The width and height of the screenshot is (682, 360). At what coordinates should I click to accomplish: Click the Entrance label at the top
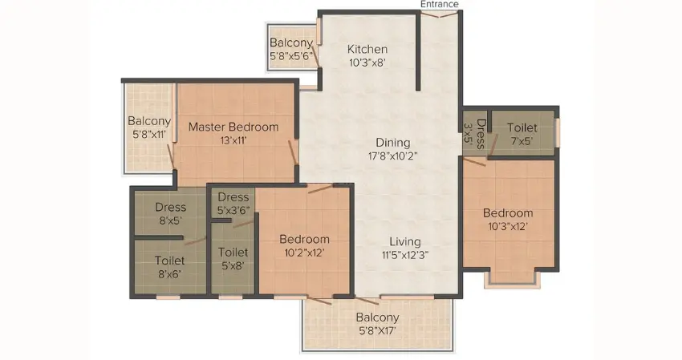tap(440, 4)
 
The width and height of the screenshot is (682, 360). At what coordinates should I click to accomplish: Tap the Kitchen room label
tap(367, 49)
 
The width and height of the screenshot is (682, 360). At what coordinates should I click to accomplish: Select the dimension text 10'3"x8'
tap(367, 63)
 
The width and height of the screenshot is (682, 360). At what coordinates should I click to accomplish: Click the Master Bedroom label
tap(233, 127)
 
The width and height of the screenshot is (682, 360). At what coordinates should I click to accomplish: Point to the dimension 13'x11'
tap(233, 140)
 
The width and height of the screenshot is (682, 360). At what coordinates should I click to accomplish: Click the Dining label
tap(393, 143)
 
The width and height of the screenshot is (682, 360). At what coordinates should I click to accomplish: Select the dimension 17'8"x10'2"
tap(393, 156)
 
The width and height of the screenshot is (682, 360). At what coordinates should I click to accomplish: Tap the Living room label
tap(405, 242)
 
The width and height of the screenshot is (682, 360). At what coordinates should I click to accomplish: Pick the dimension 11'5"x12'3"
tap(405, 255)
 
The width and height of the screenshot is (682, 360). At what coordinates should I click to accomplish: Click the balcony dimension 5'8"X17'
tap(377, 331)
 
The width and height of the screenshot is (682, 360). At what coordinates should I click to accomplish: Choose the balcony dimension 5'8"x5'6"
tap(291, 56)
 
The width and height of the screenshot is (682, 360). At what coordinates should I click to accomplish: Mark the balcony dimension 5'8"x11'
tap(149, 135)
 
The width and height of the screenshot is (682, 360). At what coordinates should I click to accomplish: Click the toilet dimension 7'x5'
tap(522, 141)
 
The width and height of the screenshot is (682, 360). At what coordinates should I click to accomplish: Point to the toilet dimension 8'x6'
tap(169, 274)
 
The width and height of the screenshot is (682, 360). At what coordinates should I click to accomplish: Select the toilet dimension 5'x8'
tap(233, 265)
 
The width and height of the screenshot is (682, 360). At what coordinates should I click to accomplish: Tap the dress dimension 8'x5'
tap(170, 220)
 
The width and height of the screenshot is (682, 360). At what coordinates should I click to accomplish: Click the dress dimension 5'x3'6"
tap(233, 210)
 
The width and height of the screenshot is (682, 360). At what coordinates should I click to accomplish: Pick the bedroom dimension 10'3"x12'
tap(508, 227)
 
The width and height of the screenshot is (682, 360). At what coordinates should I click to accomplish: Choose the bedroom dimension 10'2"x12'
tap(304, 253)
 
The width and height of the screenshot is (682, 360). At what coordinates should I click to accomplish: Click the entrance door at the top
tap(440, 14)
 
